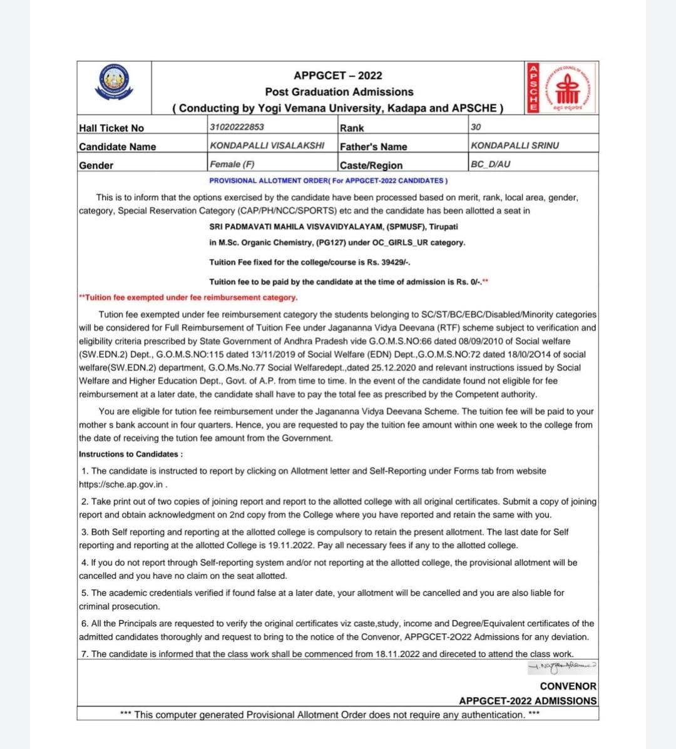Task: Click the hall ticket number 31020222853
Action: (237, 127)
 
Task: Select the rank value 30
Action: (476, 127)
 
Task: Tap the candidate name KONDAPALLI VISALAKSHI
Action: (267, 145)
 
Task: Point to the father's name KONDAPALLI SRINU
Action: (515, 145)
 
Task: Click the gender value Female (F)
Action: (232, 164)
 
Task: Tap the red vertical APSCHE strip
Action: (533, 88)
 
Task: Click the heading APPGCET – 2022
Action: (338, 76)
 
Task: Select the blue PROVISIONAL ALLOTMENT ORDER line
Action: (328, 181)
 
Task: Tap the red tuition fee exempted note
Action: (188, 298)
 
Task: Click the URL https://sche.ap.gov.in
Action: (121, 484)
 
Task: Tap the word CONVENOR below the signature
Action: (568, 686)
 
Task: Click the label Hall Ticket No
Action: (111, 128)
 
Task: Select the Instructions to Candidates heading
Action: (131, 454)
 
